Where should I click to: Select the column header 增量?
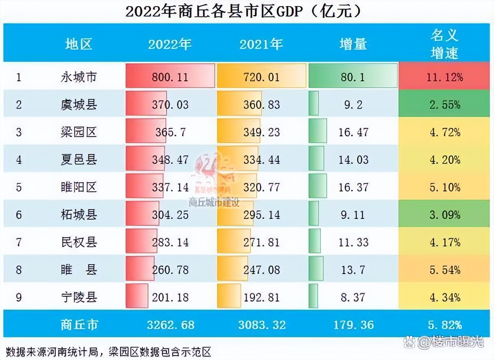point(353,44)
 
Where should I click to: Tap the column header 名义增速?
point(445,44)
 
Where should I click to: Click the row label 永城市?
point(79,77)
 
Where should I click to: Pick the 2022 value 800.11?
point(170,77)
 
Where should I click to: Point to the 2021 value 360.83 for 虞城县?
point(261,105)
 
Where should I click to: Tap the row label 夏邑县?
point(79,160)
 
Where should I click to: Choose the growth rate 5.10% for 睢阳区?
point(445,187)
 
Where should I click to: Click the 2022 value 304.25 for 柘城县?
point(170,215)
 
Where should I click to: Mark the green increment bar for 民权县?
point(315,242)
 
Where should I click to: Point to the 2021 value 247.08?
point(261,270)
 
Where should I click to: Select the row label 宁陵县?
point(79,297)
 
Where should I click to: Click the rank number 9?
point(19,297)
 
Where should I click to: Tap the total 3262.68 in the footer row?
point(170,324)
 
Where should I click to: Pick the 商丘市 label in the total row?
point(79,324)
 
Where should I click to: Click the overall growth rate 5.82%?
point(445,324)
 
